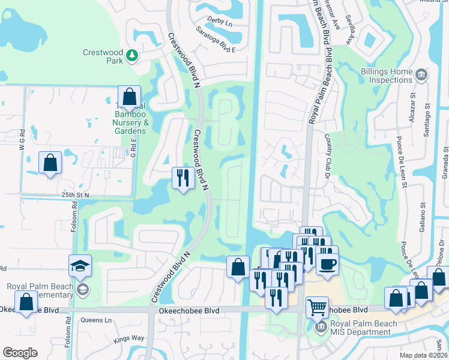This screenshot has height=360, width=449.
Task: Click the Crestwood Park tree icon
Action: (131, 56)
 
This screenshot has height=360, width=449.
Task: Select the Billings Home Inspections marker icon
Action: (421, 75)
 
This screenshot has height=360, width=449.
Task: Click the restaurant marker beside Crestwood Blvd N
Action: (182, 177)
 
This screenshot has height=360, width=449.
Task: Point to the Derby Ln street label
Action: (219, 20)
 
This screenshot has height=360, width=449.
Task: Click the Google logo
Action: (20, 353)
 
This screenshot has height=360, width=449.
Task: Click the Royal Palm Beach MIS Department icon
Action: (321, 326)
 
